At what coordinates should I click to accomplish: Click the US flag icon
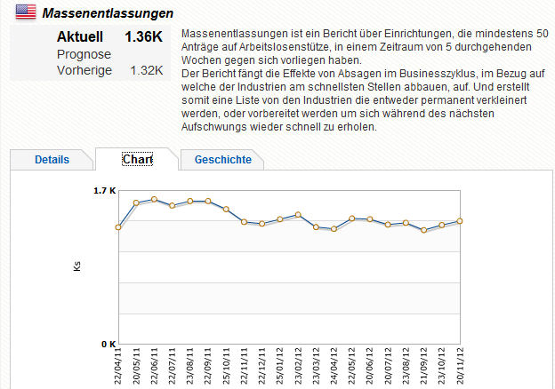coord(26,12)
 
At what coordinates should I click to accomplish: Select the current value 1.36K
coord(144,37)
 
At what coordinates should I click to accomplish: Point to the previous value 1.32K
coord(147,70)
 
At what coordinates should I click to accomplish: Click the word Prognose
coord(84,54)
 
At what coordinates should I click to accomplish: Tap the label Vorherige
coord(84,70)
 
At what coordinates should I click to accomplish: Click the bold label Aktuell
coord(80,37)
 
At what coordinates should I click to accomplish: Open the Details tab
coord(52,160)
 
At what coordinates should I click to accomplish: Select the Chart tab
coord(137,160)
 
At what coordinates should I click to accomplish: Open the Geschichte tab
coord(222,160)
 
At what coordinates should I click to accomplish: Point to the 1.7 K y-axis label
coord(105,190)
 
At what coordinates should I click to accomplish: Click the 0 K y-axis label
coord(107,344)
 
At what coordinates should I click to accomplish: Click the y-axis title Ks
coord(77,266)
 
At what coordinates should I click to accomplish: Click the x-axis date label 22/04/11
coord(118,366)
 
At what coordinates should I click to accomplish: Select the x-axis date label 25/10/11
coord(227,366)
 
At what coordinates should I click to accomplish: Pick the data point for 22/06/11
coord(154,200)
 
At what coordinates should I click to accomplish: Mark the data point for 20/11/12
coord(460,221)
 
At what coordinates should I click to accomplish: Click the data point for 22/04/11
coord(118,227)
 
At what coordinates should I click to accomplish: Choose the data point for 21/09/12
coord(424,230)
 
